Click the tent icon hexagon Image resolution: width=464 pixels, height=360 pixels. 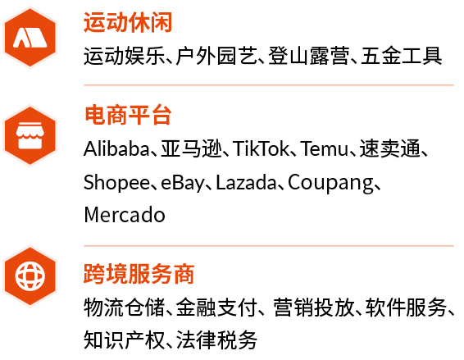30,38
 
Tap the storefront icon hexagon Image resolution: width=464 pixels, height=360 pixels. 30,135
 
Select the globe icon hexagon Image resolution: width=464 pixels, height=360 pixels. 30,276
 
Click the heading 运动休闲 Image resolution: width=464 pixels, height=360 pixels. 128,22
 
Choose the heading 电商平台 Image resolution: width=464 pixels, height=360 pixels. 128,115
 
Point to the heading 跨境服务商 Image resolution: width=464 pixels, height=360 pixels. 139,274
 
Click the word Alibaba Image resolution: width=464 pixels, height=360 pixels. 116,148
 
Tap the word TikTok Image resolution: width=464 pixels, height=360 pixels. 261,148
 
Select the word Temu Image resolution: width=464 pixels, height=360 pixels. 325,148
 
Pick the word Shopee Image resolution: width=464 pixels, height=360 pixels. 116,183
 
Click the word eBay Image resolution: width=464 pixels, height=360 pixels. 182,183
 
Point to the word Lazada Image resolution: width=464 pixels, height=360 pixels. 246,182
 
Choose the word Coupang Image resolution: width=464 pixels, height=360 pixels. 330,183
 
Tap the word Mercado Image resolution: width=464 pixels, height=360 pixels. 125,215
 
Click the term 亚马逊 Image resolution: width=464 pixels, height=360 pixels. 191,148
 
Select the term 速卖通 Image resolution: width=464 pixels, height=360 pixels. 390,148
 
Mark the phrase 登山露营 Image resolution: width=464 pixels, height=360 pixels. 309,56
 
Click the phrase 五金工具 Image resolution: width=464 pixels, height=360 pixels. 401,56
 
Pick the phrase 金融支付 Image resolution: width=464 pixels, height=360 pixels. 216,308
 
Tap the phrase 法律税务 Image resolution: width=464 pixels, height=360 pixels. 216,339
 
